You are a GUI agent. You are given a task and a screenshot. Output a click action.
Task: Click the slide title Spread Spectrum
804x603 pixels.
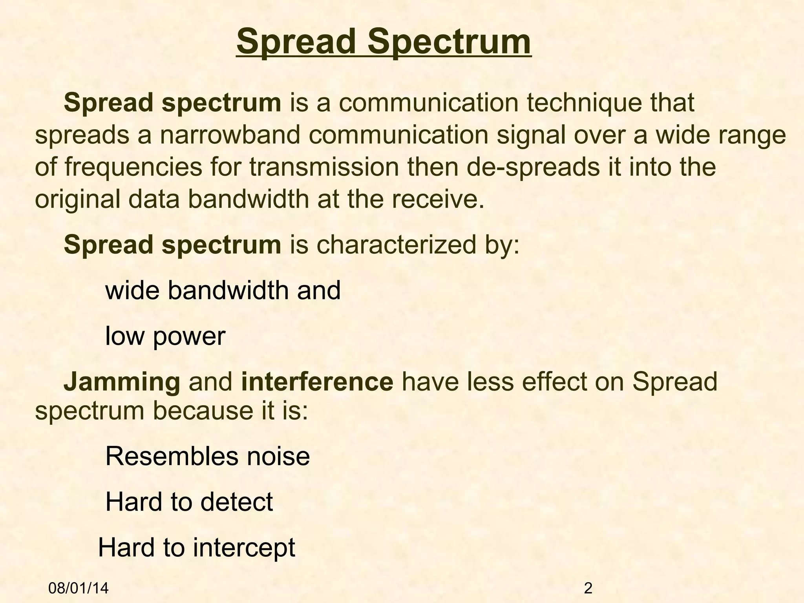(384, 42)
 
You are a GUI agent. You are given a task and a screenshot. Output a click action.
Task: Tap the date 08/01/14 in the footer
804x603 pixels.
(79, 588)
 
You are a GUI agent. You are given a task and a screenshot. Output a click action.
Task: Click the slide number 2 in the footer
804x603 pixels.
(588, 588)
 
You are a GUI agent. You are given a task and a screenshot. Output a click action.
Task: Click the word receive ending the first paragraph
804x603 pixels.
(443, 199)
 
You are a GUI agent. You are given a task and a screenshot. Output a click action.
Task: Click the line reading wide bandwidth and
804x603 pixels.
(223, 291)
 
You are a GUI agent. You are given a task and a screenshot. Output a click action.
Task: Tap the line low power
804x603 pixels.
(165, 336)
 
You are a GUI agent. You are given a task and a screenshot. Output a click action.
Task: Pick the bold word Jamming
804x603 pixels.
(122, 382)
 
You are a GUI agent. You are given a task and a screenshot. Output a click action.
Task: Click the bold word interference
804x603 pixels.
(317, 382)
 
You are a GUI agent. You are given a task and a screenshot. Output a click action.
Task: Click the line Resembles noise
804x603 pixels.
(207, 456)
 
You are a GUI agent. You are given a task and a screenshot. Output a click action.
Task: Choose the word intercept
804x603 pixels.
(244, 548)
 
